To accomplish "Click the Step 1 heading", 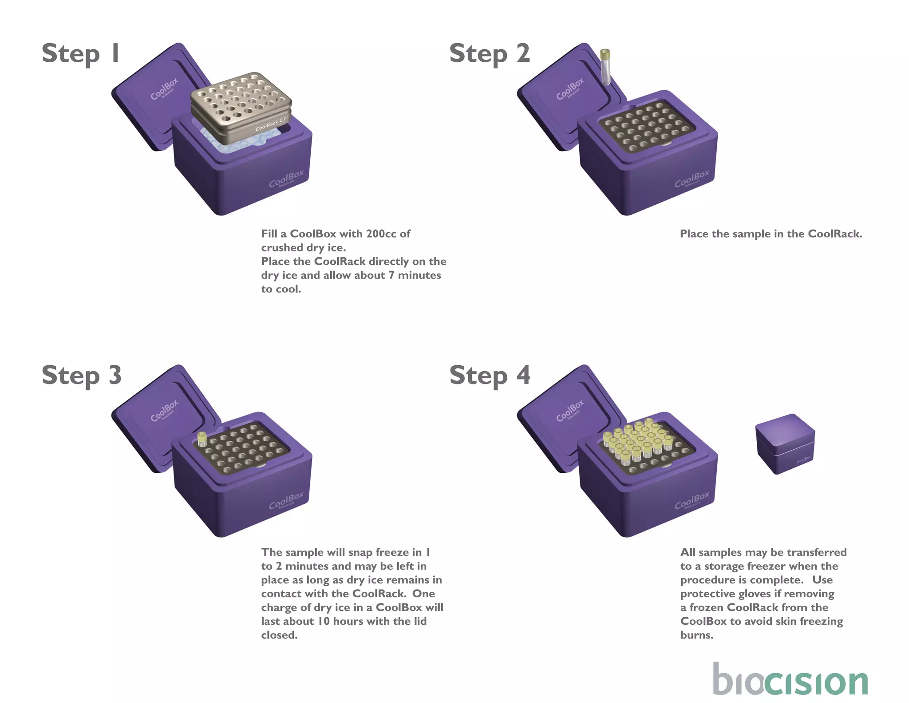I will point(80,54).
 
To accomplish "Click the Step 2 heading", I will point(489,54).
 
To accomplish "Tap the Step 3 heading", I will point(81,375).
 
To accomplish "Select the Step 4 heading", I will point(490,375).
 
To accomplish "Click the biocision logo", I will point(790,680).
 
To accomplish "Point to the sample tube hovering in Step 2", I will point(605,67).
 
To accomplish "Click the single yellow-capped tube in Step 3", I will point(202,439).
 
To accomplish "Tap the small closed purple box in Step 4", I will point(785,443).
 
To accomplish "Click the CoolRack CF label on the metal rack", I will point(271,125).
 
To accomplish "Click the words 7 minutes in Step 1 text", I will point(415,276).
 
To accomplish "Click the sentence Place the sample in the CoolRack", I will point(771,234).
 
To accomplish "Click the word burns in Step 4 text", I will point(696,635).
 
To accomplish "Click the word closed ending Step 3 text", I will point(279,635).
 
